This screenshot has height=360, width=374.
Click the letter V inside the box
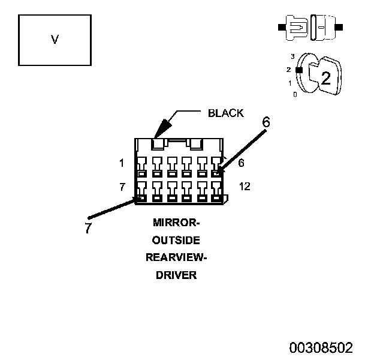pyautogui.click(x=55, y=40)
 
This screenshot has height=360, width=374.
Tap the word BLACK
pyautogui.click(x=226, y=113)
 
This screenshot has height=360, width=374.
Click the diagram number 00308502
pyautogui.click(x=321, y=347)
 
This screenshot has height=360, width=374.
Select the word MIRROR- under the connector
pyautogui.click(x=176, y=223)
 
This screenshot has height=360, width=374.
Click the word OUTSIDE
pyautogui.click(x=176, y=240)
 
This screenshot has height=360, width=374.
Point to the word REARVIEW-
pyautogui.click(x=176, y=257)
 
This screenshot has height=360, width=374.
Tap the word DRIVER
pyautogui.click(x=176, y=275)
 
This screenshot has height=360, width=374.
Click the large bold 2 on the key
pyautogui.click(x=326, y=78)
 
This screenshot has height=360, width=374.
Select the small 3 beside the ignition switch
pyautogui.click(x=292, y=56)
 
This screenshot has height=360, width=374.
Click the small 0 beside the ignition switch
pyautogui.click(x=295, y=95)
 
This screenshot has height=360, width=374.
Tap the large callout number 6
pyautogui.click(x=266, y=122)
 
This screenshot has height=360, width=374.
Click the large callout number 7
pyautogui.click(x=88, y=227)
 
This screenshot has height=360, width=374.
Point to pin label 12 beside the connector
pyautogui.click(x=245, y=187)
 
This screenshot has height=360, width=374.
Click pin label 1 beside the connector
pyautogui.click(x=122, y=163)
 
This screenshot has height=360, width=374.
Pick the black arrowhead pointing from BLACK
pyautogui.click(x=162, y=128)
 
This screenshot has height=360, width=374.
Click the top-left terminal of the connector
pyautogui.click(x=141, y=167)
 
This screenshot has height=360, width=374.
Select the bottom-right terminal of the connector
pyautogui.click(x=216, y=191)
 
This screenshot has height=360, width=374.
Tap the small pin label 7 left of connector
pyautogui.click(x=122, y=187)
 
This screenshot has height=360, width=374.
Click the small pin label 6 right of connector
pyautogui.click(x=241, y=163)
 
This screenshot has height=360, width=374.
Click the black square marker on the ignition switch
pyautogui.click(x=299, y=70)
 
